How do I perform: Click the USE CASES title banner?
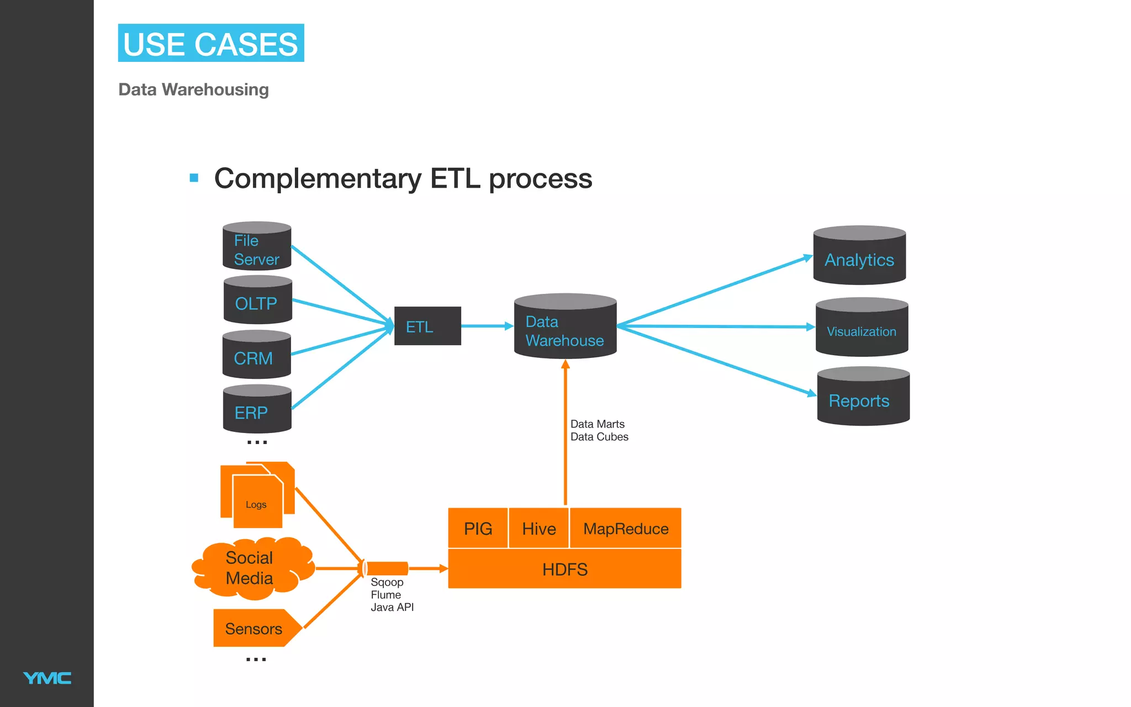click(x=211, y=43)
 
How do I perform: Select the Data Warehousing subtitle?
click(x=193, y=89)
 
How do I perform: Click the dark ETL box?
click(x=427, y=326)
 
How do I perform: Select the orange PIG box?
click(x=478, y=529)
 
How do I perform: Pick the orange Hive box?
click(x=538, y=529)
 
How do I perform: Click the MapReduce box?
click(x=625, y=529)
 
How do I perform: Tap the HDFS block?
click(x=564, y=569)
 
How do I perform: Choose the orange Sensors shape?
click(x=254, y=629)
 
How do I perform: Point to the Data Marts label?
click(x=598, y=424)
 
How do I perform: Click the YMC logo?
click(x=47, y=678)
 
